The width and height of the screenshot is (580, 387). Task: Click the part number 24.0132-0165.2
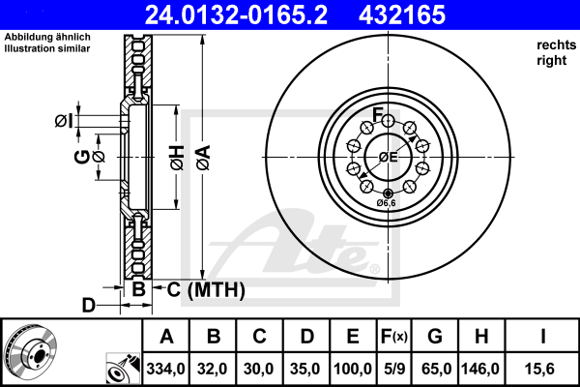(x=236, y=15)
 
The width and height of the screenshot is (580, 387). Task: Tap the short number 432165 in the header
(x=402, y=15)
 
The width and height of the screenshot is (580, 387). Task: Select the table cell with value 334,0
(x=165, y=369)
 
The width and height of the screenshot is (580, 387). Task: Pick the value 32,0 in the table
(x=213, y=369)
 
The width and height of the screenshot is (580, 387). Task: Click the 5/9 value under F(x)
(x=394, y=369)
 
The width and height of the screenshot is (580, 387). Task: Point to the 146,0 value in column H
(x=480, y=369)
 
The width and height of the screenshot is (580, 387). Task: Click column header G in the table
(x=435, y=337)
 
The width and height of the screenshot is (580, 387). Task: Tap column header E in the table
(x=353, y=337)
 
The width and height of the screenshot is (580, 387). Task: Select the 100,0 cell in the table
(x=353, y=369)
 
